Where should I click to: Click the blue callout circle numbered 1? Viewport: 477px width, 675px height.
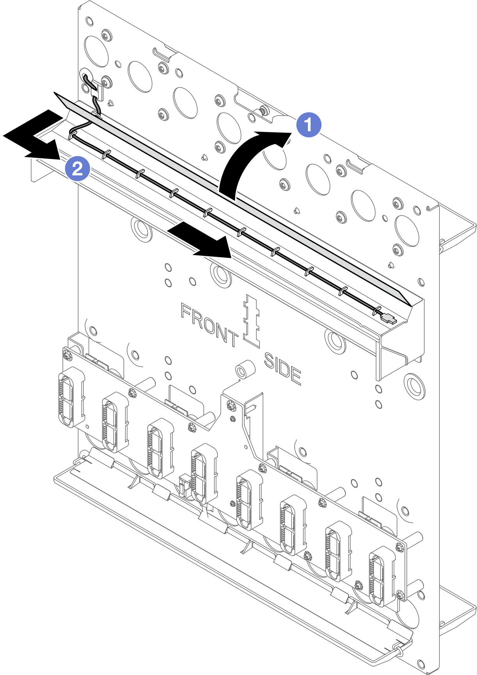pyautogui.click(x=309, y=125)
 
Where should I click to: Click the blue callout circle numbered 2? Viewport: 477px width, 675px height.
pyautogui.click(x=78, y=169)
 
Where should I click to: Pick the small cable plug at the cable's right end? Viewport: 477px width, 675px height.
pyautogui.click(x=389, y=320)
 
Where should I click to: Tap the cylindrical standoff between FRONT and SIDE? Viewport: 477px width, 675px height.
pyautogui.click(x=245, y=370)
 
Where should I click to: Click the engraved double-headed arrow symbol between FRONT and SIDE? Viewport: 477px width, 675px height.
pyautogui.click(x=251, y=321)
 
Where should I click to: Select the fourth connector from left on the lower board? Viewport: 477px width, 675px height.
pyautogui.click(x=204, y=473)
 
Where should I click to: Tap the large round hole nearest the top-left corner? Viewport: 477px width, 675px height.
pyautogui.click(x=96, y=51)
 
